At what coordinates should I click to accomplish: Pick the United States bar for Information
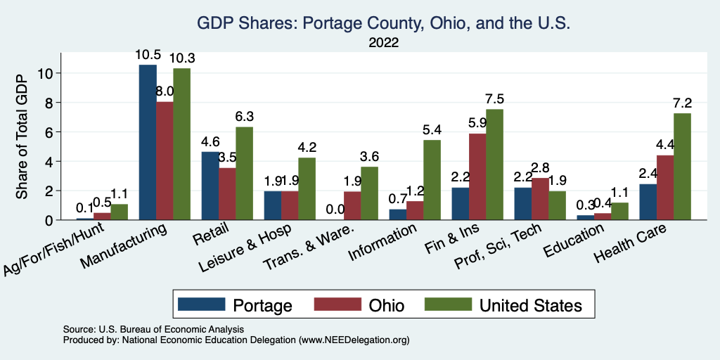[432, 180]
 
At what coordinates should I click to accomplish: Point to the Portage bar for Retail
[210, 186]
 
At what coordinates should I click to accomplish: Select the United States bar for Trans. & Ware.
[369, 193]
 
